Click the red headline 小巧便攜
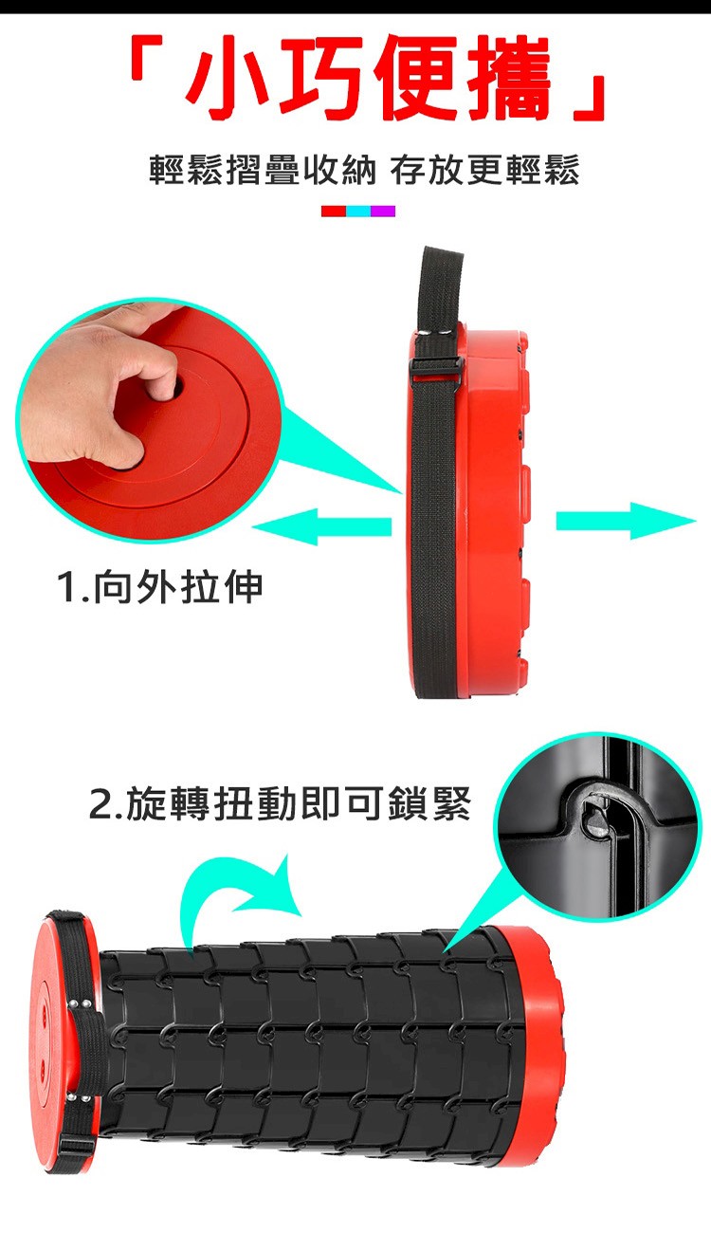(368, 78)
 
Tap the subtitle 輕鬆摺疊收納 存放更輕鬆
(364, 170)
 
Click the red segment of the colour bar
(334, 211)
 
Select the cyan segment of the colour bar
(358, 211)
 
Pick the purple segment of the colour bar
(383, 211)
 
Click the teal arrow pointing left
(322, 526)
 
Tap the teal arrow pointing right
(627, 521)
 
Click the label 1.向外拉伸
(160, 588)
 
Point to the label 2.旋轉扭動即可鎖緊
(280, 804)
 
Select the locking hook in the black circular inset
(597, 814)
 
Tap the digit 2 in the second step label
(100, 805)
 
